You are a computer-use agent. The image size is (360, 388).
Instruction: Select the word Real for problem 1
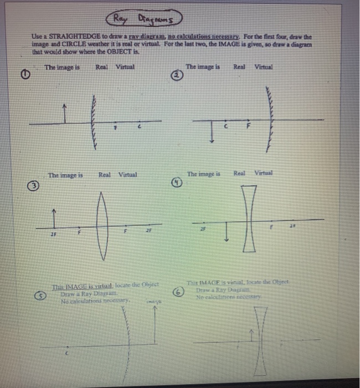tap(101, 67)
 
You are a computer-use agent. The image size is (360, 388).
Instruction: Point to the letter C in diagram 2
tap(225, 125)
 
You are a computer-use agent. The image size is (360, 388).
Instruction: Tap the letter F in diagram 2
tap(248, 125)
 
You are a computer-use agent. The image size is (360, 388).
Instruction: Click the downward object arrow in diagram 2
tap(213, 130)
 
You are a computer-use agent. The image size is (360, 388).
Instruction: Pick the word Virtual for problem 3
tap(127, 175)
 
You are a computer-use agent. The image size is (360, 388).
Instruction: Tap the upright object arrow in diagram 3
tap(54, 218)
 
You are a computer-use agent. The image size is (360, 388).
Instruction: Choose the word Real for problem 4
tap(239, 173)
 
